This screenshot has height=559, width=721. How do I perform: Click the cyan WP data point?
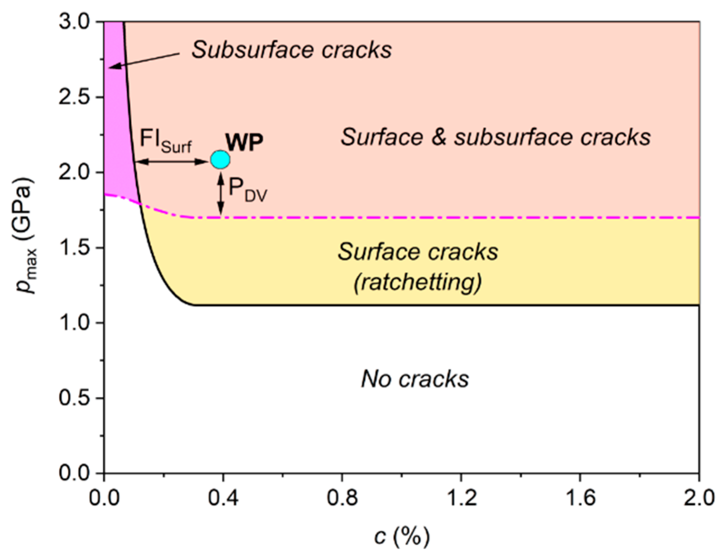(x=220, y=160)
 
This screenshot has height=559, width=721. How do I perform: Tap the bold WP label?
(x=244, y=143)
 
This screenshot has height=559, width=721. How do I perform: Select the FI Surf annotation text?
(x=166, y=140)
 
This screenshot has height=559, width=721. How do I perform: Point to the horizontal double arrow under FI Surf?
(x=172, y=162)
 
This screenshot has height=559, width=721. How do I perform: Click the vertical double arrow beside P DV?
(x=221, y=194)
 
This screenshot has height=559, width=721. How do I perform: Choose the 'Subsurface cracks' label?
(x=291, y=50)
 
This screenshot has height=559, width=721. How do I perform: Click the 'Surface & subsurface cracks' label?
(x=495, y=137)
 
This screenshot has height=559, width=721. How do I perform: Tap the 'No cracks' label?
(x=415, y=379)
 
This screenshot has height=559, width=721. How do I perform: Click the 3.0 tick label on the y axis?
(x=75, y=21)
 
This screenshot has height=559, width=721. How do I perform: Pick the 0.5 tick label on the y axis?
(x=75, y=398)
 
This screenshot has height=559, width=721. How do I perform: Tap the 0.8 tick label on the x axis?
(x=342, y=498)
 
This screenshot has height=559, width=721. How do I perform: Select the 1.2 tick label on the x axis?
(x=461, y=498)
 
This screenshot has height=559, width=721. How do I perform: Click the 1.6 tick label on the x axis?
(x=580, y=498)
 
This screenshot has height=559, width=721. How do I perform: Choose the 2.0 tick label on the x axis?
(x=699, y=498)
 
